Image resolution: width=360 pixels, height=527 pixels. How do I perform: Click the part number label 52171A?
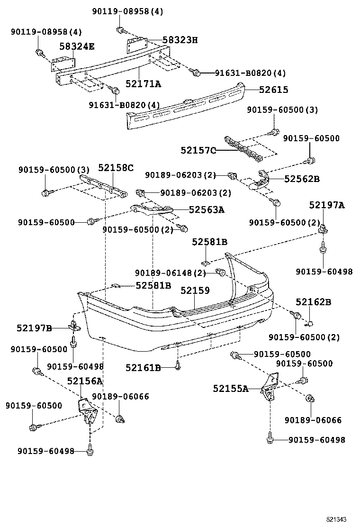click(143, 84)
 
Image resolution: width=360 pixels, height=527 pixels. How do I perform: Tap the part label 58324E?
click(77, 46)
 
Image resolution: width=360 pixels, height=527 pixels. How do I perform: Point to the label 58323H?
click(180, 40)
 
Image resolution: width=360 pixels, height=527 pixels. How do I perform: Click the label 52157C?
click(198, 150)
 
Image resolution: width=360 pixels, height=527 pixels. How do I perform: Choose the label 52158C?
click(116, 167)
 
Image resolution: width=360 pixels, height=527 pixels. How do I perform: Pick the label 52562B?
click(302, 179)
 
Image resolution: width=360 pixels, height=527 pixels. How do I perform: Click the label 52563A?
click(207, 209)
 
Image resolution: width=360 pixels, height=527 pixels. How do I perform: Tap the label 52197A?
click(327, 205)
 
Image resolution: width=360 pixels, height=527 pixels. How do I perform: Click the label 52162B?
click(313, 301)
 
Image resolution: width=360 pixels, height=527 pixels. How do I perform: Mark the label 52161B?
click(143, 367)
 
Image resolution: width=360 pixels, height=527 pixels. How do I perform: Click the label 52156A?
click(85, 381)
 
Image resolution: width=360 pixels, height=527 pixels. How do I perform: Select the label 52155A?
click(230, 389)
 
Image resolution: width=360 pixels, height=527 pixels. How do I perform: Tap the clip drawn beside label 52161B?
click(178, 365)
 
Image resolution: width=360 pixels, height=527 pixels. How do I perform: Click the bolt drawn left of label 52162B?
click(297, 315)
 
